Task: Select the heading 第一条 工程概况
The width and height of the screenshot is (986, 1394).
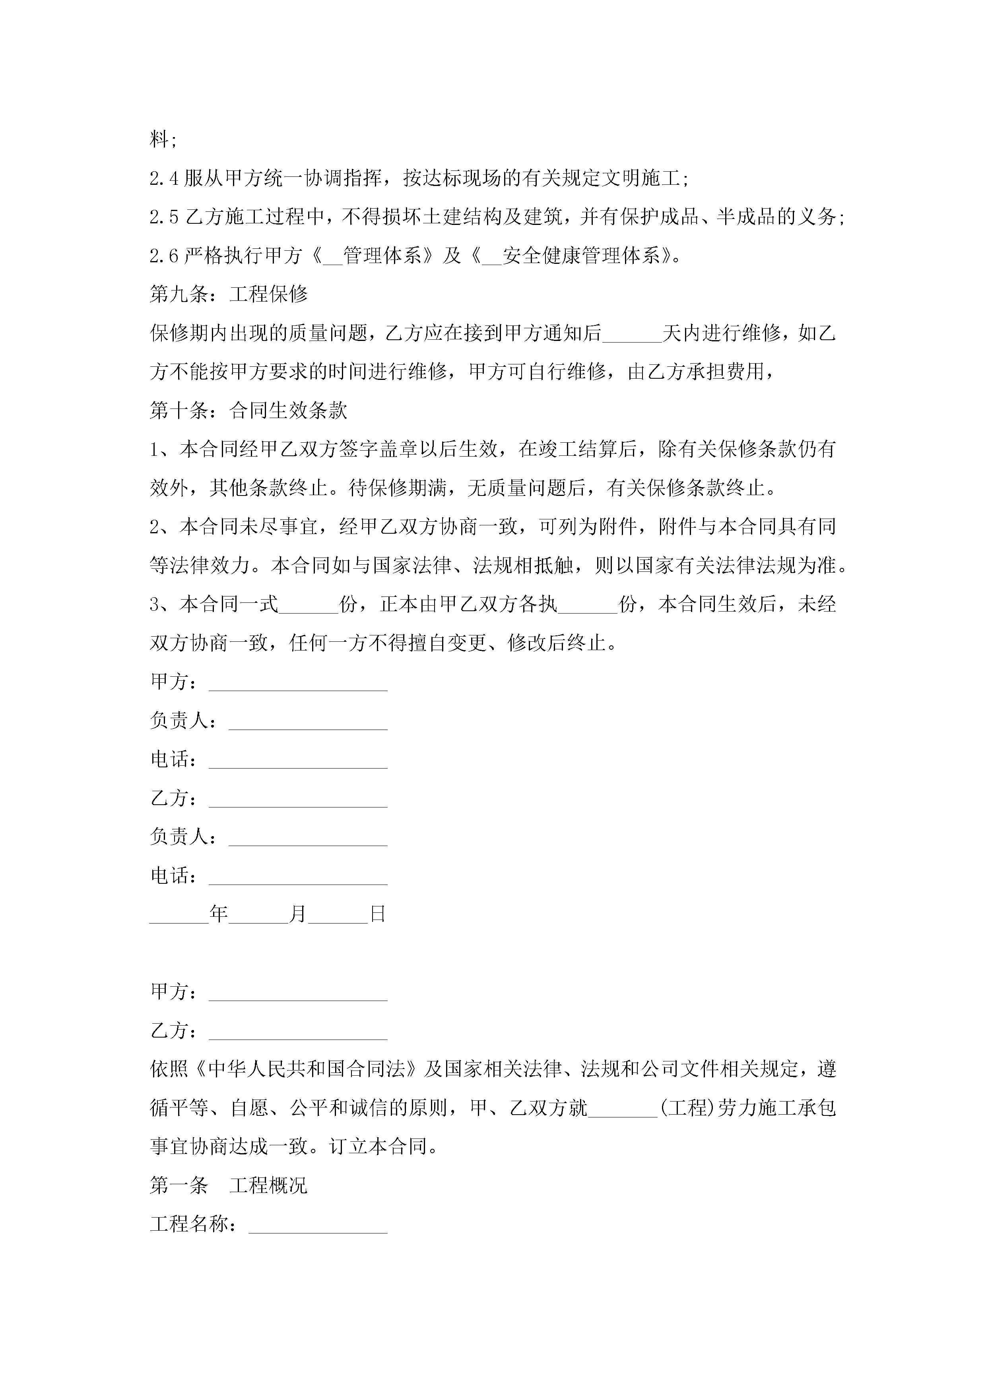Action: (229, 1185)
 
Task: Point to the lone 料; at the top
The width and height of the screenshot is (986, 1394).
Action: (163, 139)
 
